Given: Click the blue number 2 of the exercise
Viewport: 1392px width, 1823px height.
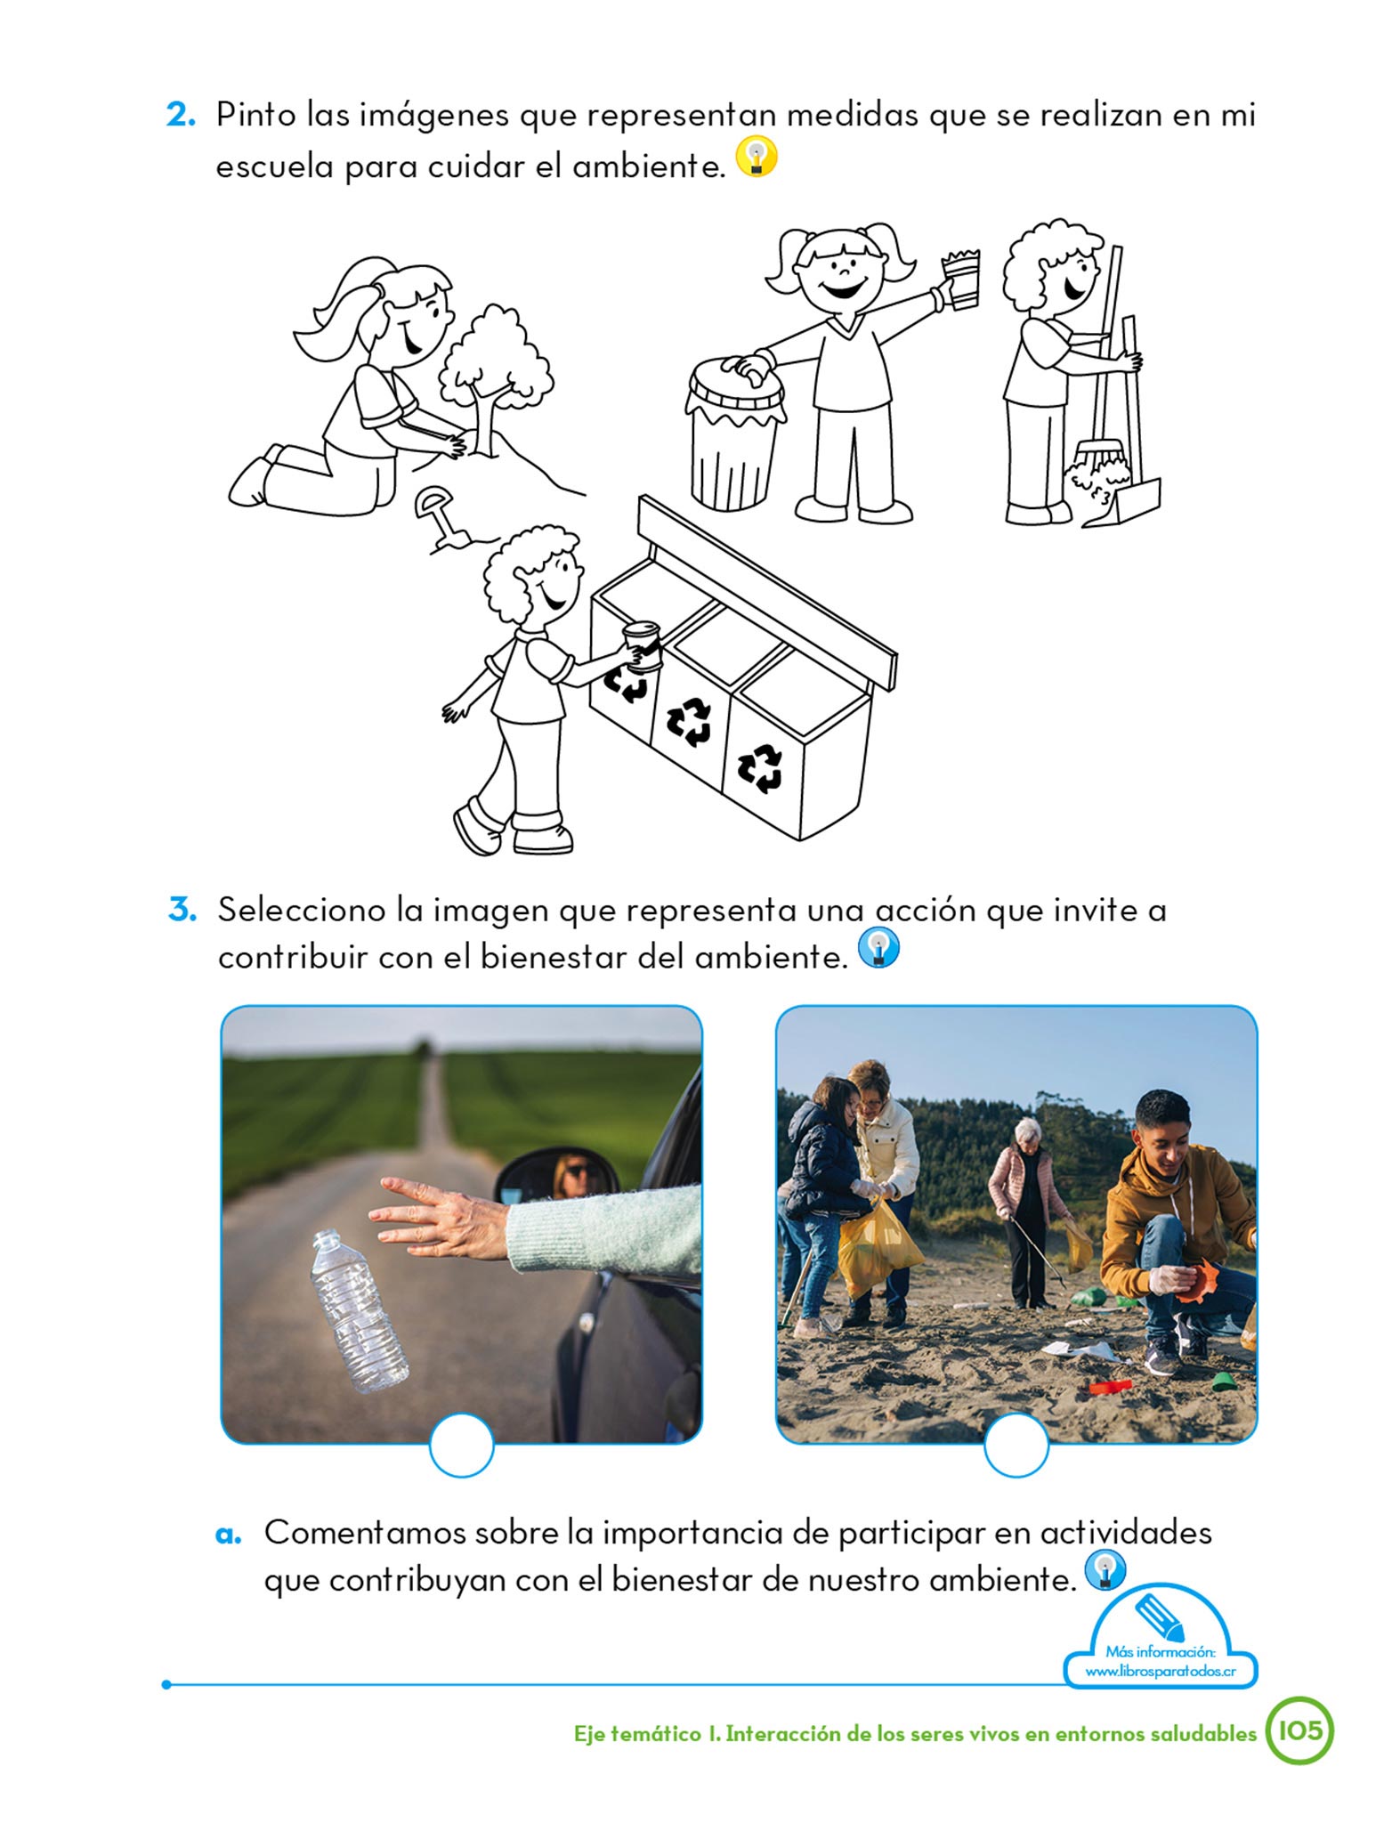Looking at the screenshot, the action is (x=181, y=116).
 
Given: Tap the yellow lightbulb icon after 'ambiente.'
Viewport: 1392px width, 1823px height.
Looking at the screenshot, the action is (x=757, y=157).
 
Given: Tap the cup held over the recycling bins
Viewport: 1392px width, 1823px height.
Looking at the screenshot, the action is (x=642, y=644).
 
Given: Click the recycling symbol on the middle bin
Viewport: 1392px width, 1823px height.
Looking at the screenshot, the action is (x=690, y=720).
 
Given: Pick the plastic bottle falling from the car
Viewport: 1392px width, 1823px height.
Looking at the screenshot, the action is (x=358, y=1310).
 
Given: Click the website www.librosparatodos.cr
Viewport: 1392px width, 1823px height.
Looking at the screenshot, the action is (x=1161, y=1671).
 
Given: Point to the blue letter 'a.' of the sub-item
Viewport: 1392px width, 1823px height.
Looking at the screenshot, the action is (x=229, y=1535).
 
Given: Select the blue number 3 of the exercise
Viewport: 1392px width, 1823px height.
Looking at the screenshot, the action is (x=182, y=910).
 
